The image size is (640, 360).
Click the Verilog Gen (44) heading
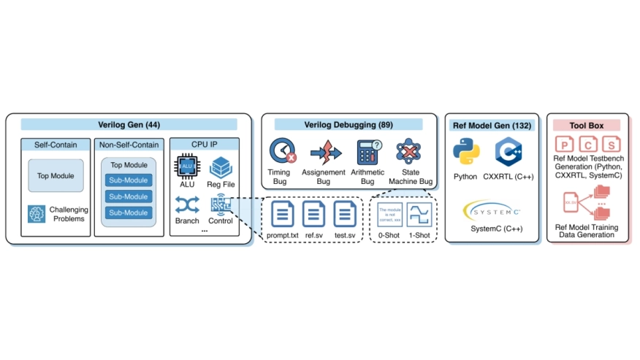[x=129, y=124]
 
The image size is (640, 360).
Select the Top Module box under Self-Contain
[x=56, y=176]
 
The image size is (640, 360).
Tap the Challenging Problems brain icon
[x=37, y=213]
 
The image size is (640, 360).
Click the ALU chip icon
[x=186, y=167]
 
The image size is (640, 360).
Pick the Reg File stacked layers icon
[x=221, y=167]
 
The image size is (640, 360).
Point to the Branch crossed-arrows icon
[x=187, y=206]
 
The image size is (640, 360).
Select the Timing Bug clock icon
[x=283, y=152]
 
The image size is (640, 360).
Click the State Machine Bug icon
[x=409, y=152]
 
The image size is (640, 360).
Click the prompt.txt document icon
[x=283, y=213]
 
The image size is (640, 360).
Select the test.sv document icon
[x=344, y=213]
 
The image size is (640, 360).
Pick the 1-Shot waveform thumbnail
[x=419, y=213]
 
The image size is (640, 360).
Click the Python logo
[x=465, y=153]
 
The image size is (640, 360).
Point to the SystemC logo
[x=492, y=212]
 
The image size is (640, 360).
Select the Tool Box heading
[x=587, y=126]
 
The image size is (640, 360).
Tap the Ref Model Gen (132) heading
[x=492, y=126]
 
